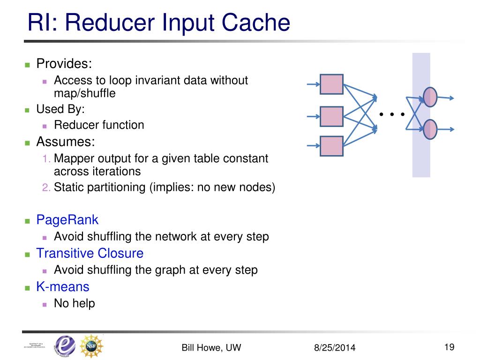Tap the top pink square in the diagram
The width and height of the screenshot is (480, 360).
tap(332, 84)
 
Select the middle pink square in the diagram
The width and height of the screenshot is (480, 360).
tap(332, 116)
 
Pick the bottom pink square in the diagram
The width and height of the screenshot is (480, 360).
tap(332, 146)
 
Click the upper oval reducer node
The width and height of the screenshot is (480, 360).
tap(430, 97)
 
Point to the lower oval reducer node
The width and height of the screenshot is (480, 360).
tap(430, 129)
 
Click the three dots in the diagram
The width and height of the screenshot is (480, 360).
tap(392, 114)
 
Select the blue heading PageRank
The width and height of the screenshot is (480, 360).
tap(67, 219)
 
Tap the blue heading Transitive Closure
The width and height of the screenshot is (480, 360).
tap(90, 253)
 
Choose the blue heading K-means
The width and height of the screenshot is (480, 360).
tap(63, 286)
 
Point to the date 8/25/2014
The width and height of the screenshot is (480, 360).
tap(335, 347)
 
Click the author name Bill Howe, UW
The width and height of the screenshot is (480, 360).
tap(211, 347)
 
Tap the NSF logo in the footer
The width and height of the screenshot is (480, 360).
tap(91, 346)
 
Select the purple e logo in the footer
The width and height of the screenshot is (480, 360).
tap(64, 346)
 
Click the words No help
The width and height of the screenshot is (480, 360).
tap(75, 303)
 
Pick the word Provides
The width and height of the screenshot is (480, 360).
tap(64, 63)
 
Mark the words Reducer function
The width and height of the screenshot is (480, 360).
tap(99, 125)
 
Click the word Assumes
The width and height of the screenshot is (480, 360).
tap(66, 142)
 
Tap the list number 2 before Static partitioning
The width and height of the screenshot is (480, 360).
tap(46, 187)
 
